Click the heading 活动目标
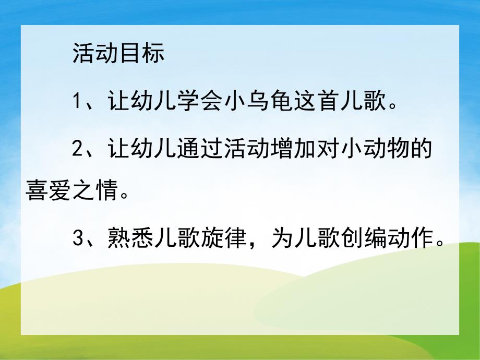(x=118, y=54)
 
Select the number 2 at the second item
(x=78, y=150)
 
